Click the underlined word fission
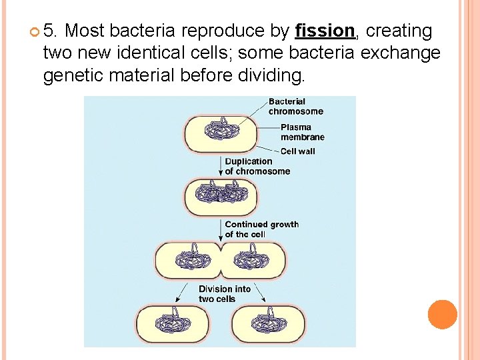point(325,31)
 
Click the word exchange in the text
point(400,53)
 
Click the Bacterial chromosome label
point(295,107)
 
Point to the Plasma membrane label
point(302,132)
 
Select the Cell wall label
point(297,151)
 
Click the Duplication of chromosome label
point(257,166)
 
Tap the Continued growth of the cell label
point(261,229)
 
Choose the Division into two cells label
point(224,293)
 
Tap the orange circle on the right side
point(442,315)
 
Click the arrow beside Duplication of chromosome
point(221,167)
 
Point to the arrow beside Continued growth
point(221,229)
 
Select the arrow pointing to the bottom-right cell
point(259,293)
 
